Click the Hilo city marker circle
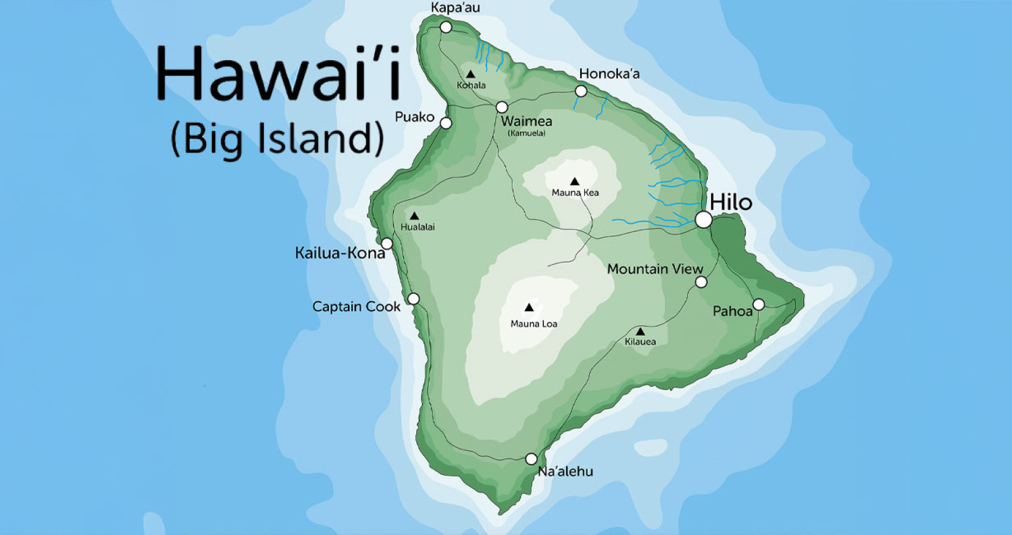(703, 220)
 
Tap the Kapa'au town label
(455, 8)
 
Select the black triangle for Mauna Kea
(574, 181)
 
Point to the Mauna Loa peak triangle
(529, 308)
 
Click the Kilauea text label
(640, 341)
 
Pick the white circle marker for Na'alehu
(531, 458)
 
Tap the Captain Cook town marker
(413, 298)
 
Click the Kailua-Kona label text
(340, 253)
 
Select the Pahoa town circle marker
(758, 305)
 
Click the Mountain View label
(655, 269)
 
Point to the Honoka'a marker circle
(581, 92)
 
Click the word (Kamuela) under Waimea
(526, 133)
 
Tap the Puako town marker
(446, 123)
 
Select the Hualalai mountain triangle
(414, 216)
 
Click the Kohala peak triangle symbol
(471, 75)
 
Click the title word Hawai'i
(278, 73)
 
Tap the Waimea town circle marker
(502, 107)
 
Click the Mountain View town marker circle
(701, 282)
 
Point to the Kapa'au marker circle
(446, 27)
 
